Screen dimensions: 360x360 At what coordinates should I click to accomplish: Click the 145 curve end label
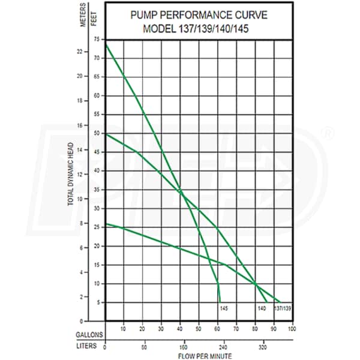pyautogui.click(x=223, y=308)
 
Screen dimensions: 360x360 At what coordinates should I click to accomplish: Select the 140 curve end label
pyautogui.click(x=262, y=308)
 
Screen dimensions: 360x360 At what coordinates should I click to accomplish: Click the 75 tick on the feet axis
pyautogui.click(x=97, y=40)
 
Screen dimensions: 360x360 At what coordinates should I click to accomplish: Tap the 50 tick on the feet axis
pyautogui.click(x=97, y=133)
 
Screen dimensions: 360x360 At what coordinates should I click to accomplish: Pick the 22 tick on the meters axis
pyautogui.click(x=80, y=51)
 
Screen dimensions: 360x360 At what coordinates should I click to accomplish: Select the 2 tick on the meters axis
pyautogui.click(x=80, y=297)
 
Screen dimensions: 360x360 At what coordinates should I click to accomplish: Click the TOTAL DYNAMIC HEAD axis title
pyautogui.click(x=71, y=174)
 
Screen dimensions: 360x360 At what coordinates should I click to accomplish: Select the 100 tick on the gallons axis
pyautogui.click(x=292, y=328)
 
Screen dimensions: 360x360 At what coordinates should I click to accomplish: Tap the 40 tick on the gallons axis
pyautogui.click(x=180, y=328)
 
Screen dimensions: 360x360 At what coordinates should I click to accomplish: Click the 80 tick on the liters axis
pyautogui.click(x=142, y=346)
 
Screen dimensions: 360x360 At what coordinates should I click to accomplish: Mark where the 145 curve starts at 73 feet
pyautogui.click(x=106, y=45)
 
